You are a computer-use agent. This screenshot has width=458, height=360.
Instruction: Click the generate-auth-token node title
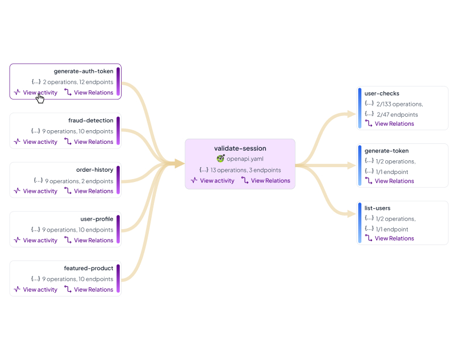click(x=84, y=72)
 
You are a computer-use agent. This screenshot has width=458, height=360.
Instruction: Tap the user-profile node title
click(x=97, y=219)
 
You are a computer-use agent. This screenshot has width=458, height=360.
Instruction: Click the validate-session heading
click(x=240, y=148)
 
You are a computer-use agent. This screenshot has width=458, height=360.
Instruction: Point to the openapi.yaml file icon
click(x=220, y=159)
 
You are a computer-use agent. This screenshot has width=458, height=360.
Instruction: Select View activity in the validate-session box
click(x=213, y=181)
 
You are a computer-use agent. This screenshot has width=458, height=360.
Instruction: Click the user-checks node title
click(x=382, y=93)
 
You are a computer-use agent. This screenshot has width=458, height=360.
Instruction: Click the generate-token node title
click(x=386, y=151)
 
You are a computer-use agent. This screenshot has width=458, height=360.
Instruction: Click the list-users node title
click(x=377, y=208)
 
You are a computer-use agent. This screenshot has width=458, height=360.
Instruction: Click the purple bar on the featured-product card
click(x=118, y=279)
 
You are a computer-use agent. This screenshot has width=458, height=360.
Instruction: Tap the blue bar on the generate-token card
click(x=360, y=165)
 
